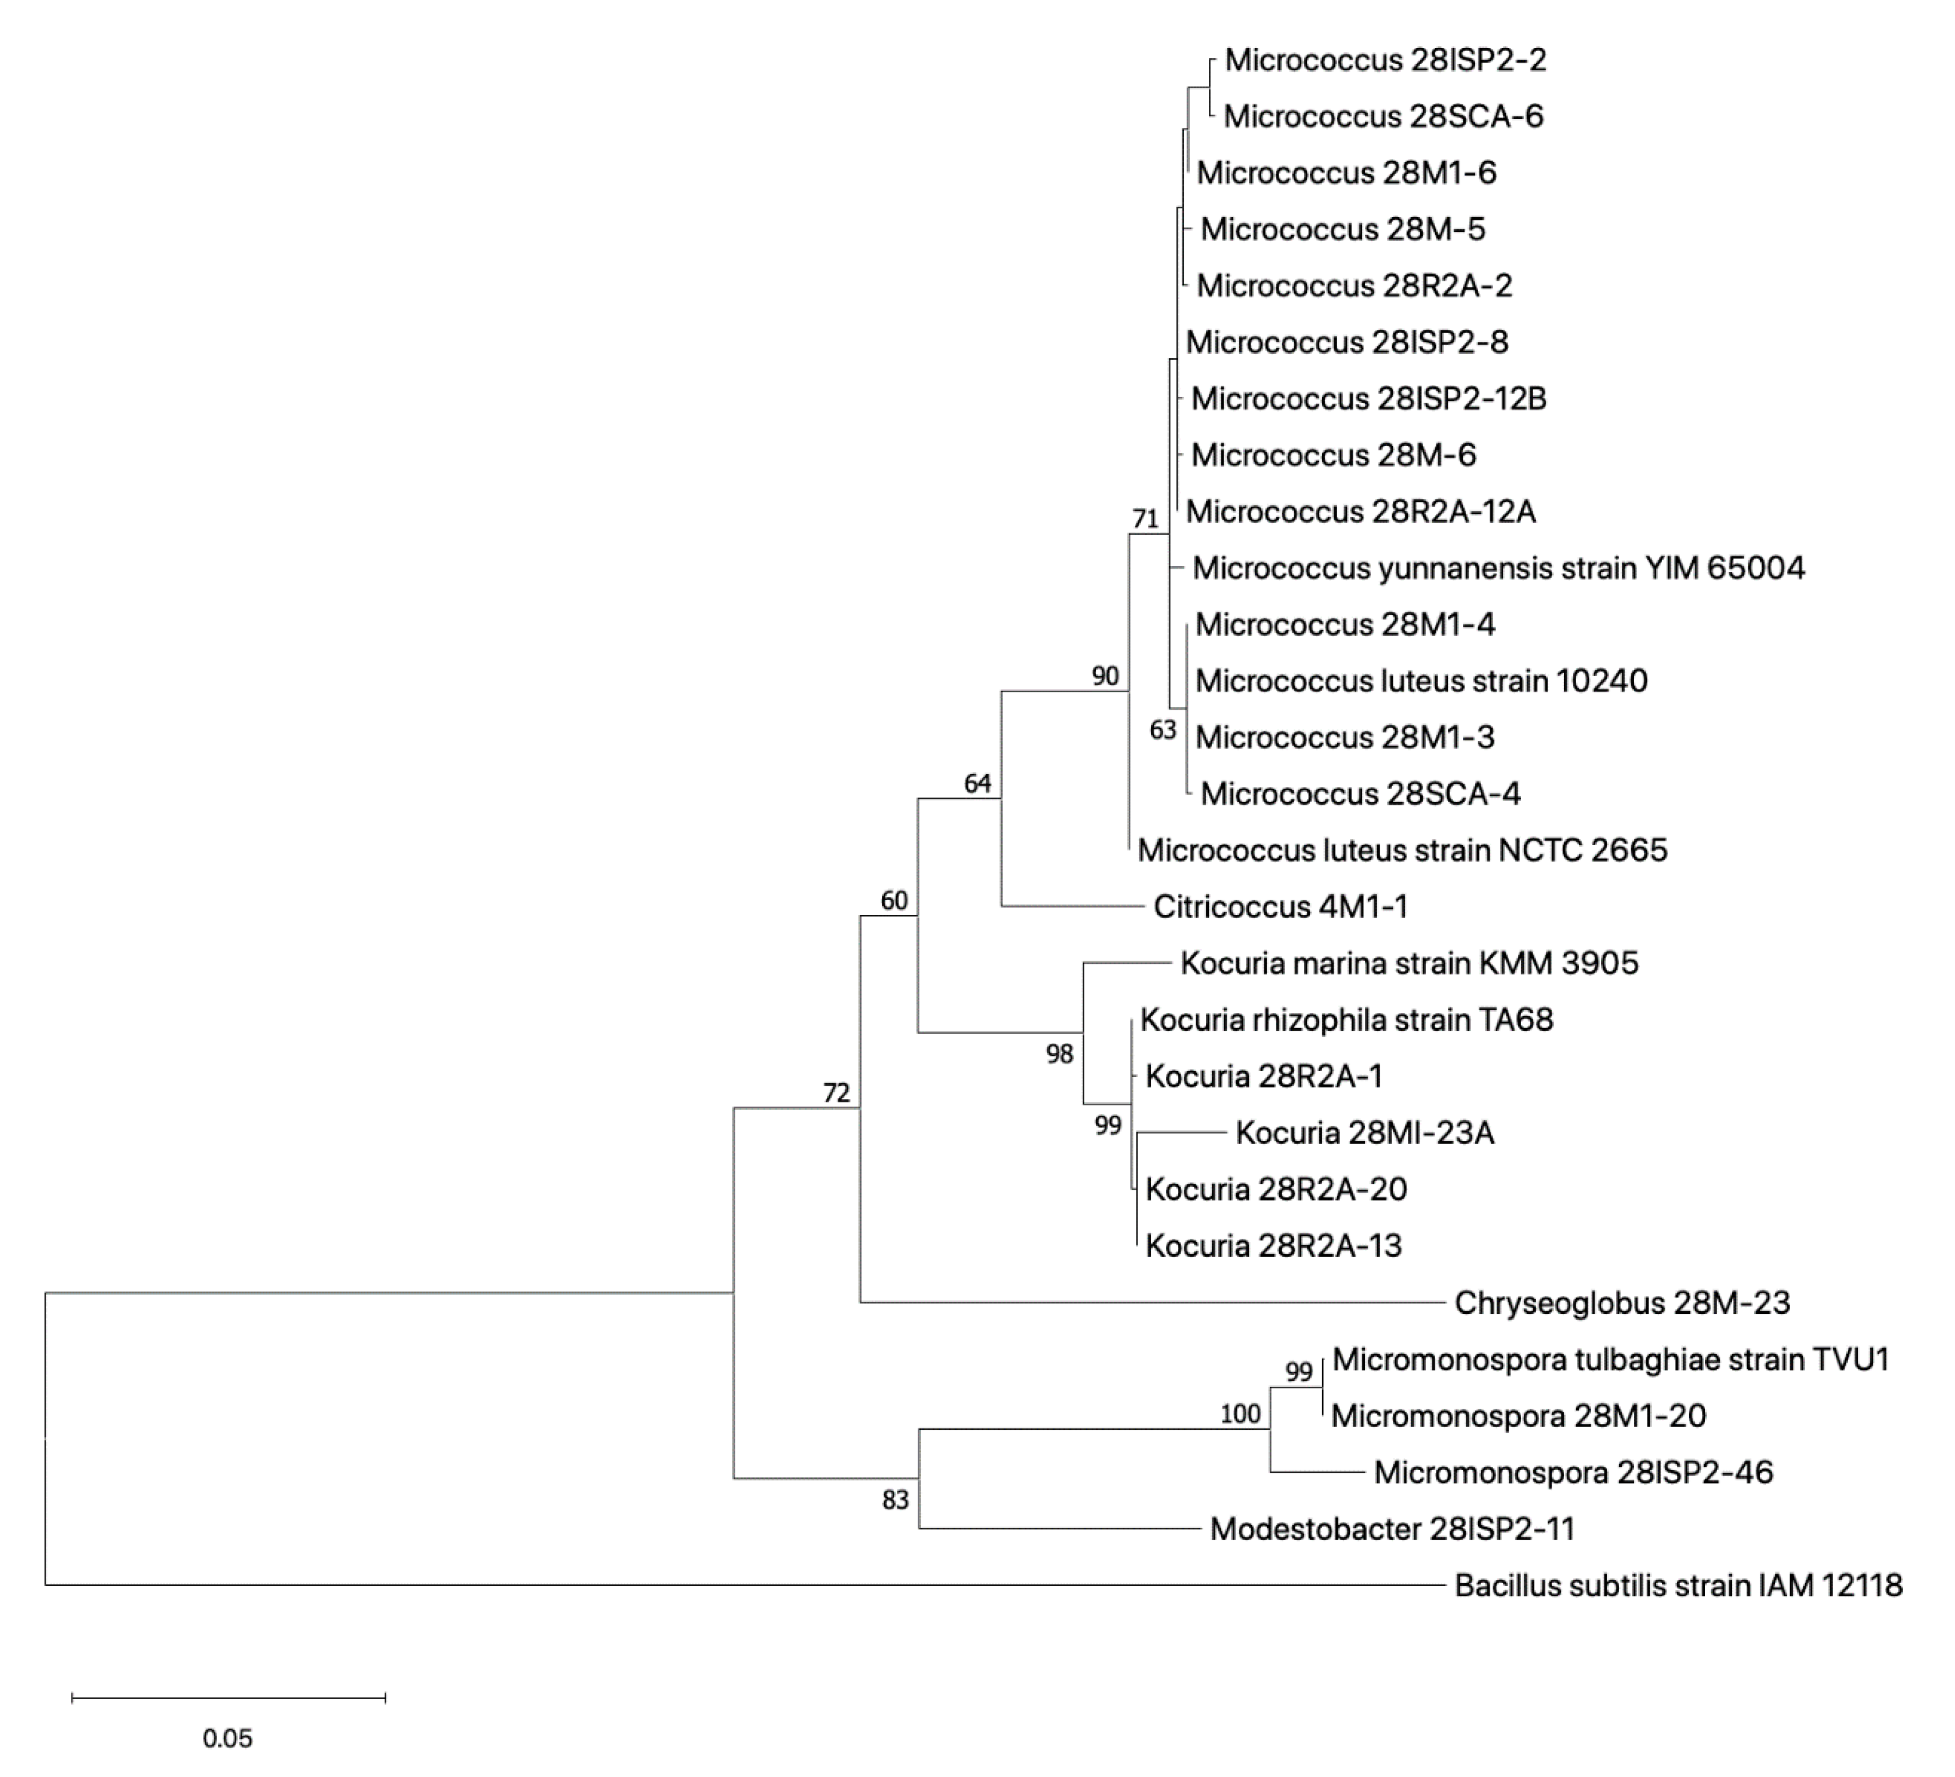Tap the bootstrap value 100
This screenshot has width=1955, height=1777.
[x=1240, y=1414]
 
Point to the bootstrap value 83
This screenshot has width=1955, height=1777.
[x=895, y=1499]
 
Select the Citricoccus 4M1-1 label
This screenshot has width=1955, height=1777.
[x=1280, y=907]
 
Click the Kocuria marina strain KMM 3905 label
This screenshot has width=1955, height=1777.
[x=1409, y=963]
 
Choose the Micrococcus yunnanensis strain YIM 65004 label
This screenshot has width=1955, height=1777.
[x=1498, y=568]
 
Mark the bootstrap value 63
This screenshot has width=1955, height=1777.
[x=1163, y=729]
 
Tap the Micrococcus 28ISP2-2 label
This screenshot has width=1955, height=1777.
[x=1385, y=60]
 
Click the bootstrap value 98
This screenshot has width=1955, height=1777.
[x=1059, y=1053]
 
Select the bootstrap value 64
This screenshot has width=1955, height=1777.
[x=977, y=783]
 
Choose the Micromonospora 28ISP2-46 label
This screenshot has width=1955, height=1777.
[x=1573, y=1472]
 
